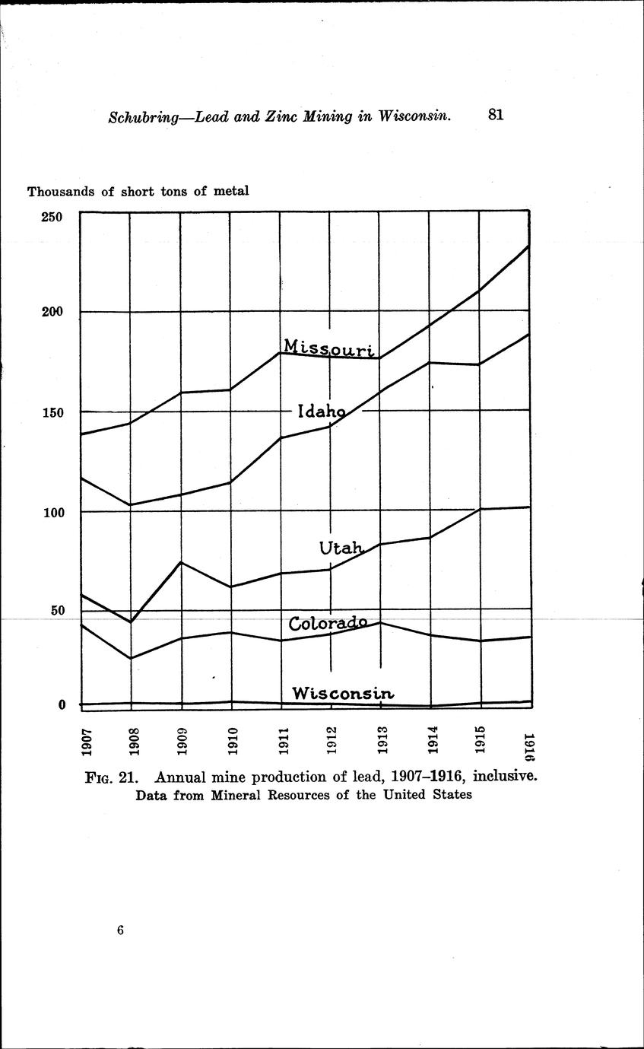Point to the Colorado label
tap(328, 623)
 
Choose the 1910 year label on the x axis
tap(233, 742)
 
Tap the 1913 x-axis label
tap(382, 742)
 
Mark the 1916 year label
tap(529, 746)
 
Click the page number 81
tap(496, 115)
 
